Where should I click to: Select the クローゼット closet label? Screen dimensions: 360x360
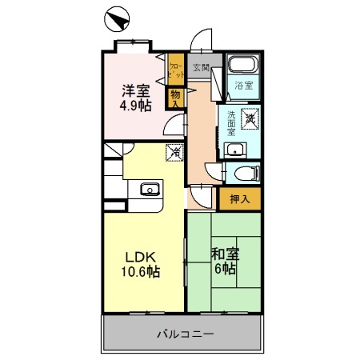pos(174,69)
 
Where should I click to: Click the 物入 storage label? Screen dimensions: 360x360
pos(175,98)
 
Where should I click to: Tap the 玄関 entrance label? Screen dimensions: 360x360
pos(201,68)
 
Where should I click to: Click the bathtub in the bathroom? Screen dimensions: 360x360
pos(240,66)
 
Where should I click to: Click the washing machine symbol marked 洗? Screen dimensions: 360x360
pos(250,117)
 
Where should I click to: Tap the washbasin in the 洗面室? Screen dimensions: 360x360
pos(235,149)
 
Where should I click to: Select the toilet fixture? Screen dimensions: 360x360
pos(245,172)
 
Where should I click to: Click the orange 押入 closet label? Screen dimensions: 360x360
pos(239,199)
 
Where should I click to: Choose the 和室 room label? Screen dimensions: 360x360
pos(225,254)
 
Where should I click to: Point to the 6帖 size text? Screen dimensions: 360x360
pos(225,270)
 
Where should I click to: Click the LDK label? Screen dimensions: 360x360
pos(142,258)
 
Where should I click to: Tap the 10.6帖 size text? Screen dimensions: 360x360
pos(142,273)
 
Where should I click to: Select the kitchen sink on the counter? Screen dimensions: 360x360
pos(149,190)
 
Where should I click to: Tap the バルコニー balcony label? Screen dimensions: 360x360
pos(184,332)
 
